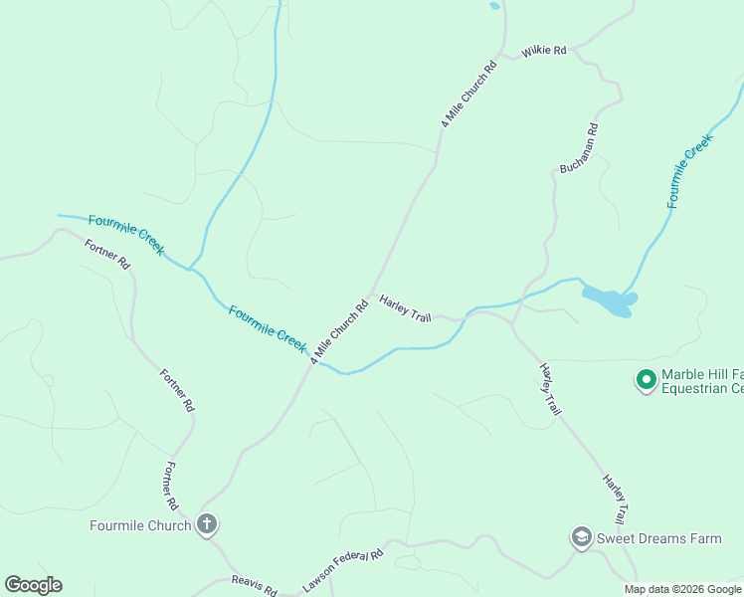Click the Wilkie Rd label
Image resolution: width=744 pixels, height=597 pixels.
tap(544, 49)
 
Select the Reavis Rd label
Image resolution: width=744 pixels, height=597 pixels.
tap(254, 585)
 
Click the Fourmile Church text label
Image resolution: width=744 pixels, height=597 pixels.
tap(140, 525)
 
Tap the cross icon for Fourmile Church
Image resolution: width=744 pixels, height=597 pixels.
tap(207, 524)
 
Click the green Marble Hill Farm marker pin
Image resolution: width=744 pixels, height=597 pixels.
tap(646, 379)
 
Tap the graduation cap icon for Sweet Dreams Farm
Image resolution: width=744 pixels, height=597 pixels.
tap(581, 538)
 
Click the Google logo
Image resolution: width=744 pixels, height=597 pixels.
tap(33, 584)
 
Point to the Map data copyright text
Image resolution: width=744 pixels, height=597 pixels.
tap(683, 589)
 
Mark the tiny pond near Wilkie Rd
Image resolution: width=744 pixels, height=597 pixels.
tap(494, 6)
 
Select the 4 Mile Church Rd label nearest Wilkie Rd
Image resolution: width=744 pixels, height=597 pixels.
tap(468, 96)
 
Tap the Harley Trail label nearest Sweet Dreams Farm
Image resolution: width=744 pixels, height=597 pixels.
tap(614, 499)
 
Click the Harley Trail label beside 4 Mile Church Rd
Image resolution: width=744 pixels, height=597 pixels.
tap(405, 308)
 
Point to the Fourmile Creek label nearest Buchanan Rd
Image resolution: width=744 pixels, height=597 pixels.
tap(689, 170)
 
